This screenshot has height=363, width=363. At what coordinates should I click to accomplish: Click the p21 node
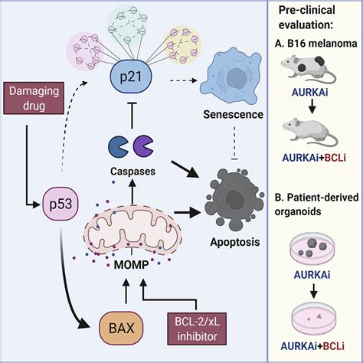point(131,77)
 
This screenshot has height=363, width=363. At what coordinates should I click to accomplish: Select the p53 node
point(60,204)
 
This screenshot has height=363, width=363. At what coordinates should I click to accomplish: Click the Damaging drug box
point(34,98)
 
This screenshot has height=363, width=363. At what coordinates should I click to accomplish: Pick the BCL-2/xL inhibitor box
point(197,329)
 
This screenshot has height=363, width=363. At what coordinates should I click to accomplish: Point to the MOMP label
point(131,265)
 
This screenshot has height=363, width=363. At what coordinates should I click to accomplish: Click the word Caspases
point(132,172)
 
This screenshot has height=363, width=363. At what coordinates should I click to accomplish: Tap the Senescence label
point(233,115)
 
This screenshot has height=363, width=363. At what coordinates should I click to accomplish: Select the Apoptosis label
point(235,242)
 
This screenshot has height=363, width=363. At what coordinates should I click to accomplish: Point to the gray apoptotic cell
point(234,199)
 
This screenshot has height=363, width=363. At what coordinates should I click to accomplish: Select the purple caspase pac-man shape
point(143,146)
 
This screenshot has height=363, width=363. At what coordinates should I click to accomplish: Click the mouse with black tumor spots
point(308,68)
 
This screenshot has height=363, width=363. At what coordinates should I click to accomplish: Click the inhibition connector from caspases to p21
point(132,116)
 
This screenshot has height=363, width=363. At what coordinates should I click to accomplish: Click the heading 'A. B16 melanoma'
point(316,44)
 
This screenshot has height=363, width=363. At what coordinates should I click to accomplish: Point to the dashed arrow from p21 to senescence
point(183,80)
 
